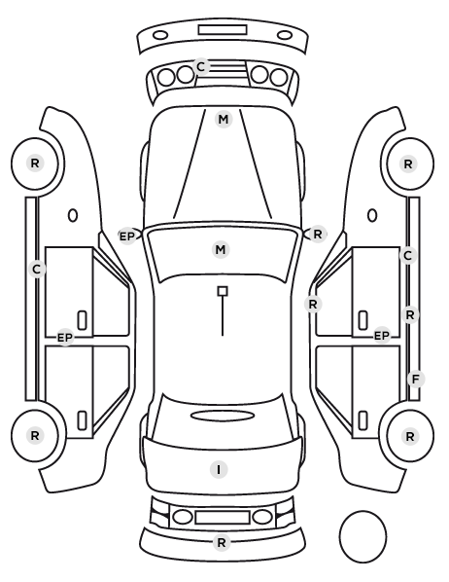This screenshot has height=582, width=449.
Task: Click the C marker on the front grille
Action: point(200,67)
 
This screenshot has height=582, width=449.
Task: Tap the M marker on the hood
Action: point(224,120)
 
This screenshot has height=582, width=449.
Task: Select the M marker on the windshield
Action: point(221,249)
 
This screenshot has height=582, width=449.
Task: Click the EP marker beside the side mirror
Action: point(126,236)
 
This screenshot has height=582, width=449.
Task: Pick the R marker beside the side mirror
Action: point(318,235)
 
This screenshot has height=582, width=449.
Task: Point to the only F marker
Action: point(416,379)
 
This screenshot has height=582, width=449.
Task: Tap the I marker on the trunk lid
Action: point(219,469)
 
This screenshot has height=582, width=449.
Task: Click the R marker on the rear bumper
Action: point(222,543)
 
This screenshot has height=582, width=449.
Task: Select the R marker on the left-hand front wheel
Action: point(35,163)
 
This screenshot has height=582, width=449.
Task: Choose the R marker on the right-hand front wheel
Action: point(408,164)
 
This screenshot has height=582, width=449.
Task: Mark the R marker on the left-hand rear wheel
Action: point(35,435)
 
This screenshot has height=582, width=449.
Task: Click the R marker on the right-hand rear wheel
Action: point(410,436)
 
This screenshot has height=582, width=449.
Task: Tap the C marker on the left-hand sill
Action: point(36,269)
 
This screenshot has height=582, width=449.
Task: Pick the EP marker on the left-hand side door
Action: point(65,338)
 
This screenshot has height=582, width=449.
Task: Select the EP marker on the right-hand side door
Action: point(382,336)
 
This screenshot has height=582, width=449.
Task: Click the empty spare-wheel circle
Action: point(339,536)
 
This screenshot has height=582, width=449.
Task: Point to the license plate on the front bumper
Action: point(223,30)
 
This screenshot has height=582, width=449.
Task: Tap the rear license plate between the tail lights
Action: point(223,517)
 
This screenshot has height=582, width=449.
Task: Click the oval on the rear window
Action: point(223,416)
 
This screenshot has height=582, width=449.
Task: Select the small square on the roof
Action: point(223,291)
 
